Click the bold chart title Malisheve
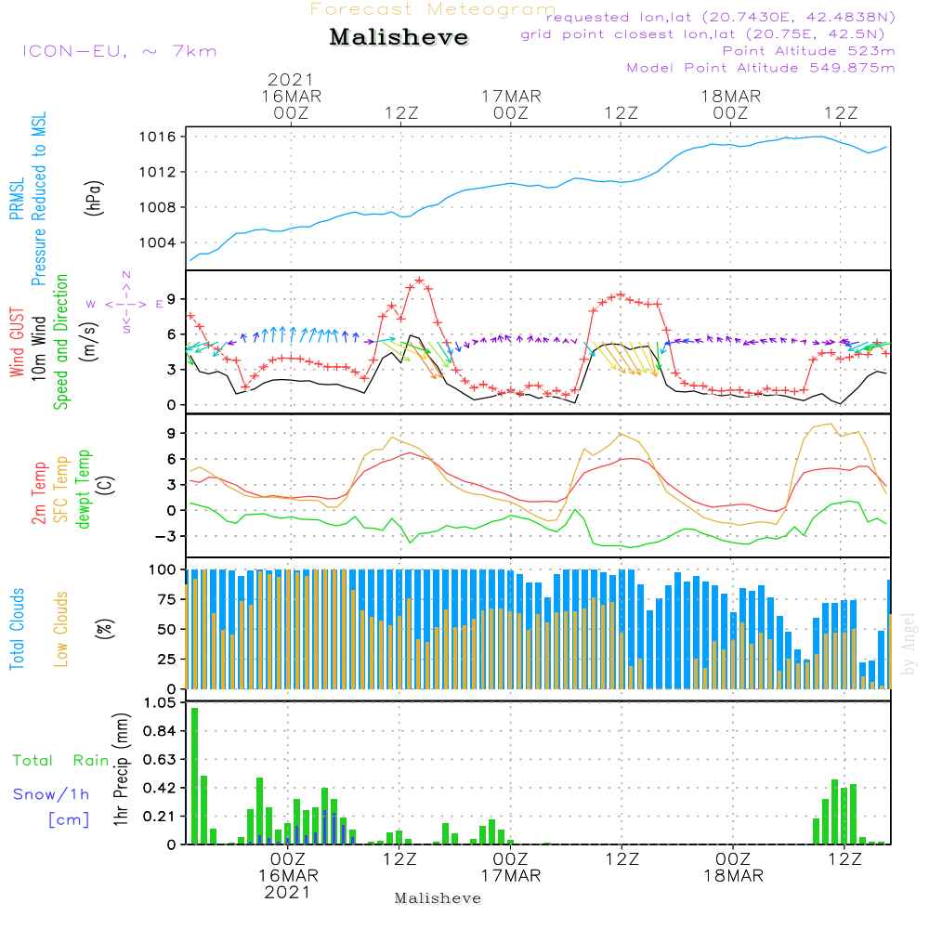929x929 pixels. [x=399, y=38]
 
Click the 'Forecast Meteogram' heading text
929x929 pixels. [x=433, y=9]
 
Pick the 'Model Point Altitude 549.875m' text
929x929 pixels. [x=761, y=68]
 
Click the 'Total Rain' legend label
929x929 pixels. [x=60, y=760]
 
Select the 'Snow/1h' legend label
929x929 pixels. [x=52, y=794]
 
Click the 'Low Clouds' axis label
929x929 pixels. [x=61, y=628]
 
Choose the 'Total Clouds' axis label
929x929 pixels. [x=17, y=628]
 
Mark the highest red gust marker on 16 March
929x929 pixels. [x=420, y=280]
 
